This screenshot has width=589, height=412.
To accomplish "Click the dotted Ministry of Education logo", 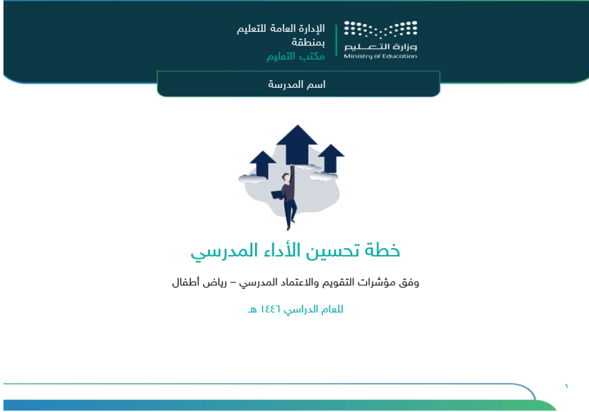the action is point(380,29).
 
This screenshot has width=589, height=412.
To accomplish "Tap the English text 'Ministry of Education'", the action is point(380,57).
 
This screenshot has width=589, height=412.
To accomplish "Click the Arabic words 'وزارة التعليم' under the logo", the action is point(380,47).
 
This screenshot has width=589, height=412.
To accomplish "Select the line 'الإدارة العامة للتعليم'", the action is point(280,28).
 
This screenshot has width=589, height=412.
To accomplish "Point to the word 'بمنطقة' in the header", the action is point(308,42).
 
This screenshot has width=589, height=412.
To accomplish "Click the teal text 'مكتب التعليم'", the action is point(296,56).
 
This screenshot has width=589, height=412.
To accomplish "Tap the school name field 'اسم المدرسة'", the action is point(297,84).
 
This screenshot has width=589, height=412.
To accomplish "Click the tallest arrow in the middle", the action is point(297,145).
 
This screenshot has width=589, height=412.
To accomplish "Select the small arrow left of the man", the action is point(263,164).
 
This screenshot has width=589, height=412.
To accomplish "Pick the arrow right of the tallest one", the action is point(331,158).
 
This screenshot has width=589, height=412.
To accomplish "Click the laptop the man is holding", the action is point(278,195).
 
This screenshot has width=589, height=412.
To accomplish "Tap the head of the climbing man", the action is point(286,177).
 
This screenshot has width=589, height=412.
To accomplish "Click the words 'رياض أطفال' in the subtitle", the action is point(200,282).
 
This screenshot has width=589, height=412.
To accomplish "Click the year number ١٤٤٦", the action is point(270,309).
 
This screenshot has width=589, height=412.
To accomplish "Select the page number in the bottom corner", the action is point(567,386).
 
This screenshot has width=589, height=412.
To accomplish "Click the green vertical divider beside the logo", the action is point(336,41).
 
